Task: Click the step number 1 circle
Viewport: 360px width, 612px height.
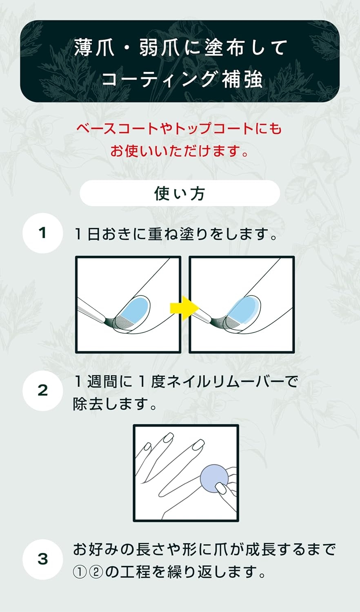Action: [42, 233]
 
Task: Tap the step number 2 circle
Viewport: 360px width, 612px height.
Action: [42, 390]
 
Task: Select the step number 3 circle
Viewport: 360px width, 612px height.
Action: [42, 559]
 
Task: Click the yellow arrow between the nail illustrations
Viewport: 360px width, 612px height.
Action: [184, 308]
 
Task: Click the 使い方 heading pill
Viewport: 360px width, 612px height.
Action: [180, 193]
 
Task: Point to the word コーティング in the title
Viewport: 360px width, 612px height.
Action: [158, 78]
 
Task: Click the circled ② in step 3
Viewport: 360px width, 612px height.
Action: [95, 572]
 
